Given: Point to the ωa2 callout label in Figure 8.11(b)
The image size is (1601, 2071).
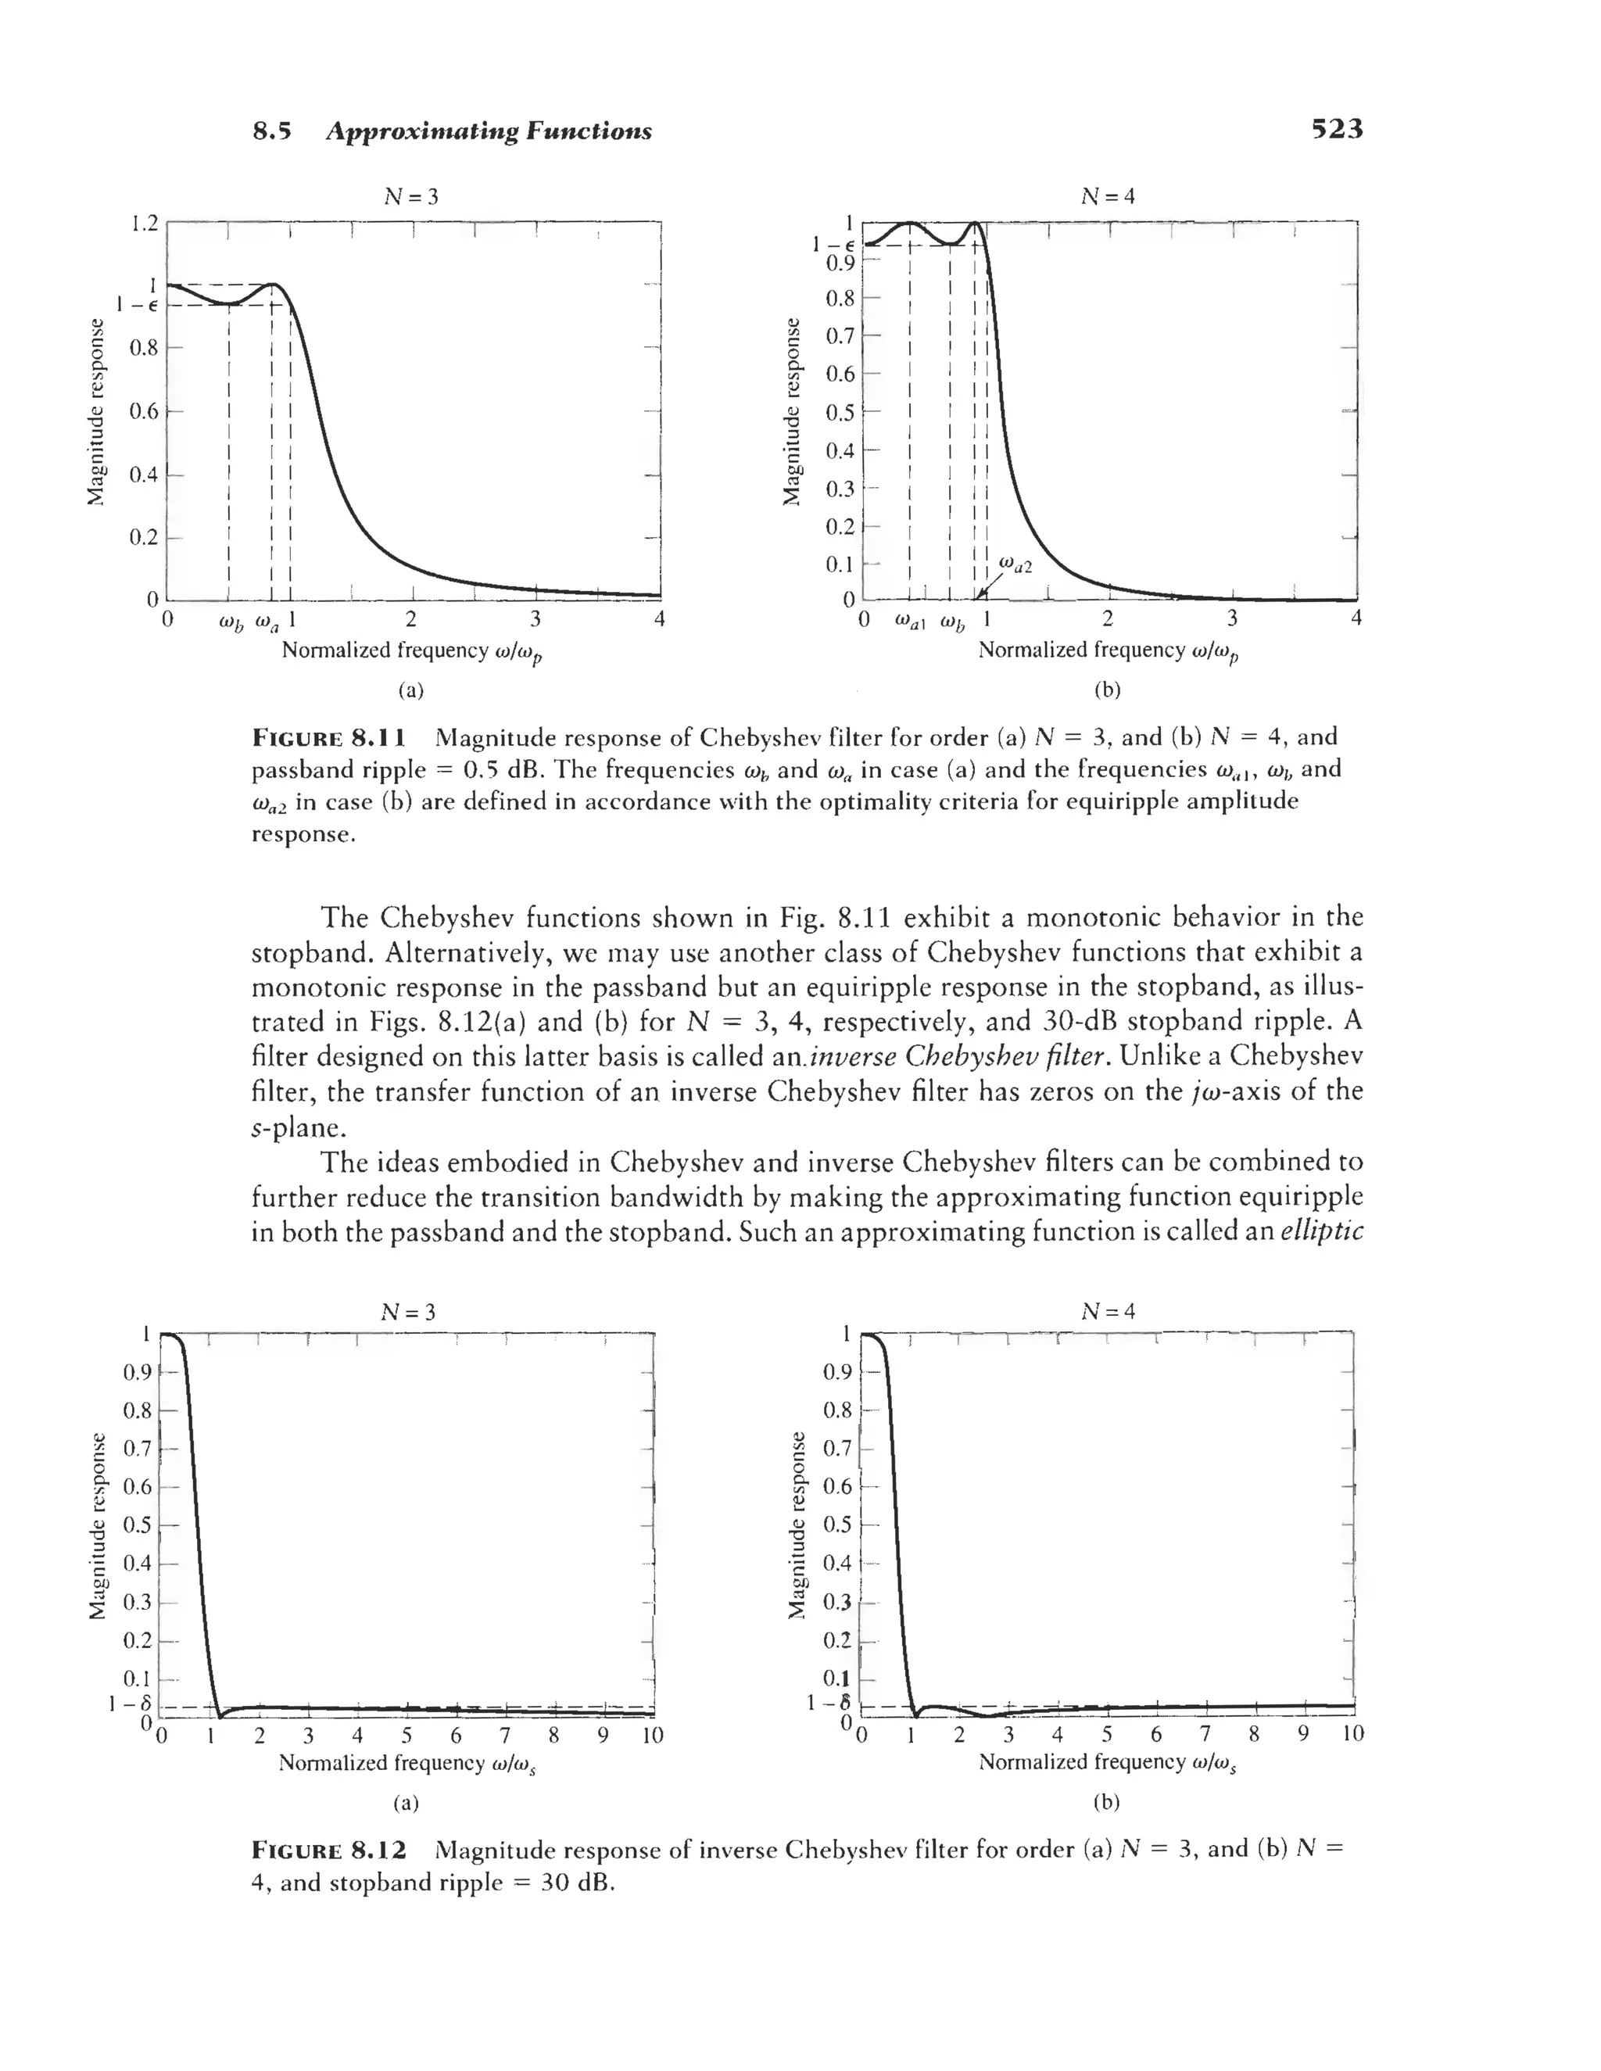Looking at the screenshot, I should [1015, 566].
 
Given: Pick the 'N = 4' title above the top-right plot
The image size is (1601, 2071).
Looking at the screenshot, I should [1108, 196].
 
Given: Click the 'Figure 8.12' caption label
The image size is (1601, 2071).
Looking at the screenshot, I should [329, 1849].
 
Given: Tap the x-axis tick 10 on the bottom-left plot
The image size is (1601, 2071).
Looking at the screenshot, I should [653, 1736].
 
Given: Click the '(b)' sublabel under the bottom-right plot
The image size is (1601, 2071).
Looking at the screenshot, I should [1106, 1802].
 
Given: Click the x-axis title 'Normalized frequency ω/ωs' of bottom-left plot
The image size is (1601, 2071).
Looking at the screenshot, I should [409, 1763].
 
